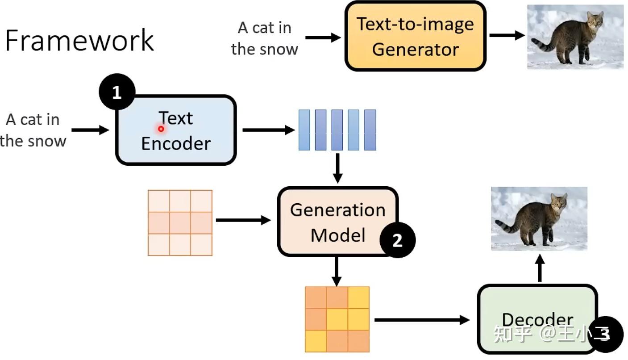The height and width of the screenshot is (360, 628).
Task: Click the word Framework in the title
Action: click(79, 40)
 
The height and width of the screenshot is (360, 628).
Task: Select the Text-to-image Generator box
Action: click(416, 36)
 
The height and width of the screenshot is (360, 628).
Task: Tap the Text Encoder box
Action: click(176, 130)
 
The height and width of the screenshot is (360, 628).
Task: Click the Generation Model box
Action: click(338, 222)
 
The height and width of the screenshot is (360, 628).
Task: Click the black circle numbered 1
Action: click(117, 92)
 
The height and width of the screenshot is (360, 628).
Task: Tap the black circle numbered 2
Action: click(398, 240)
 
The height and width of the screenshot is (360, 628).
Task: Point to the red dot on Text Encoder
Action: click(161, 129)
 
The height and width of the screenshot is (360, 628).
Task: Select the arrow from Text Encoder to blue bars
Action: click(269, 130)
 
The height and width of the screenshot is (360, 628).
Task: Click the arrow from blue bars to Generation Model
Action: click(337, 168)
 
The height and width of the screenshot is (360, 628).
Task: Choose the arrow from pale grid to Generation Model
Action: click(243, 220)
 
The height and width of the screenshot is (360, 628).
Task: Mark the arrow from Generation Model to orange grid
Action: click(337, 271)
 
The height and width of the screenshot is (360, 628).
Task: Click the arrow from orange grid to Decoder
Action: click(422, 320)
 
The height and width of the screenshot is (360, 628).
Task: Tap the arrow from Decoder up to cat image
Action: click(540, 268)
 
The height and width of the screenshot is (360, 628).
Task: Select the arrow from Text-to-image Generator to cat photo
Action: click(507, 35)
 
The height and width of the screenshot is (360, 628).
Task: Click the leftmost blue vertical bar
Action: click(304, 130)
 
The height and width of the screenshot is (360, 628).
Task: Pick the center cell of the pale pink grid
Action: click(180, 223)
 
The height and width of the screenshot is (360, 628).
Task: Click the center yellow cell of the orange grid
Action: click(337, 319)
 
